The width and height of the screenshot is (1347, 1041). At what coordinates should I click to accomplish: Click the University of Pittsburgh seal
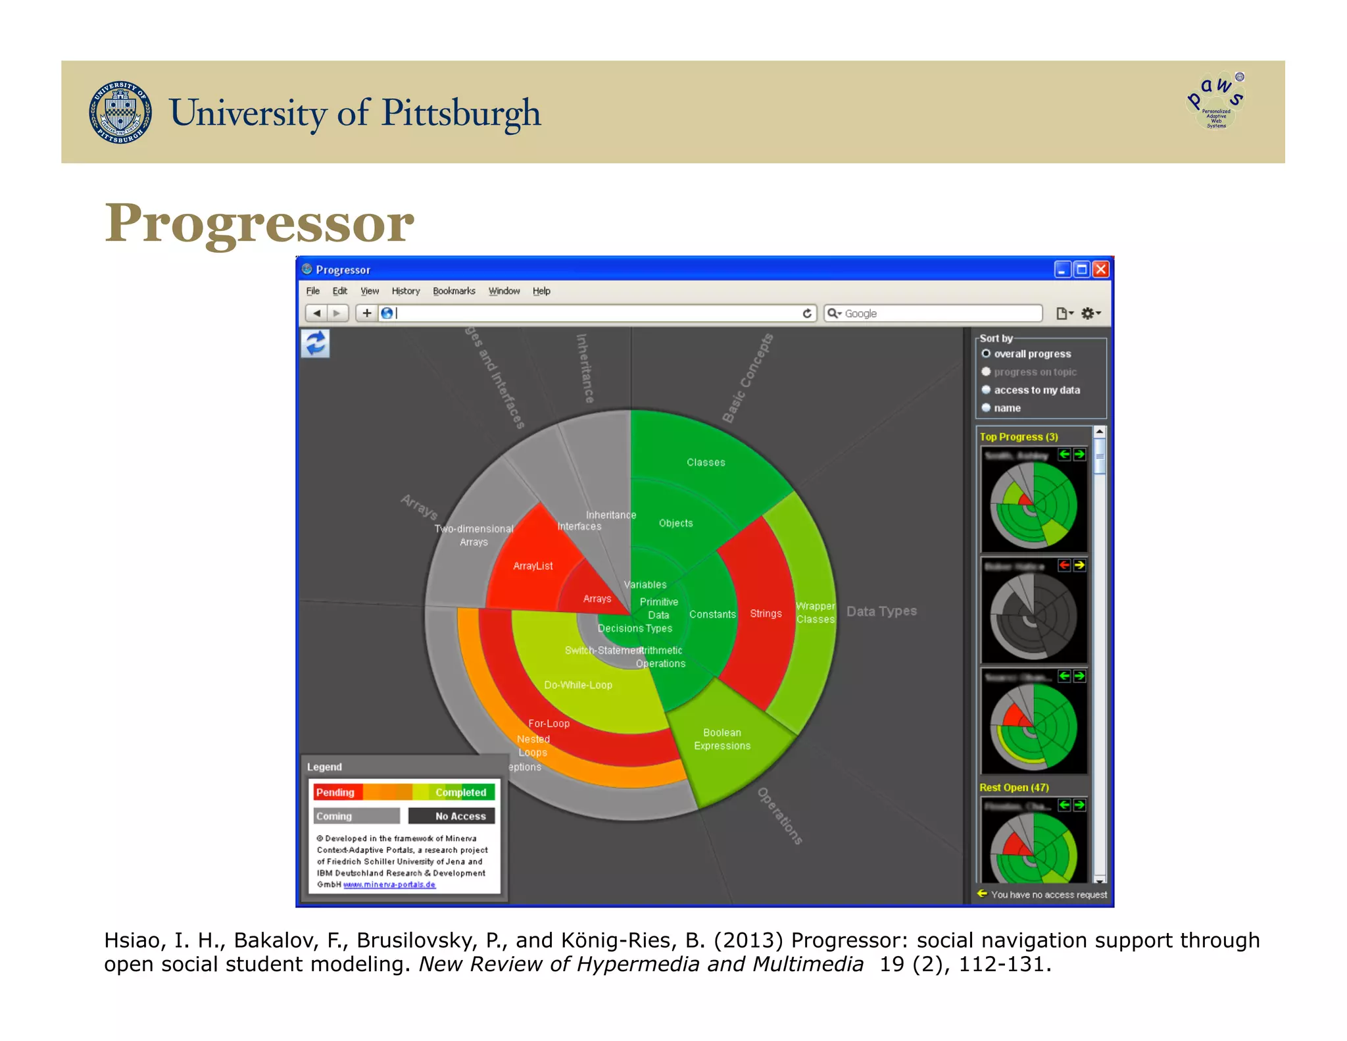(x=120, y=113)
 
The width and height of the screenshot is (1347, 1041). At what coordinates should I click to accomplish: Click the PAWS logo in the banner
(x=1216, y=101)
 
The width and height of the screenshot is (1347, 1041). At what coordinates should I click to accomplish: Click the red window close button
(x=1100, y=269)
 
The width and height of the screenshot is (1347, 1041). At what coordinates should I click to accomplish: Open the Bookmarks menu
(x=454, y=291)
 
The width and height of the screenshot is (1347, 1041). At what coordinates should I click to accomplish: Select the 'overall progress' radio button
(x=986, y=353)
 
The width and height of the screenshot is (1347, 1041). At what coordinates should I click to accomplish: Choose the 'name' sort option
(x=986, y=408)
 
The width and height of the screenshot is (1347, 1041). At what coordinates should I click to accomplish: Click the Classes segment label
(x=706, y=463)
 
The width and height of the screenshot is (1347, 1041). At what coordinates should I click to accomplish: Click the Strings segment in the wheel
(x=766, y=613)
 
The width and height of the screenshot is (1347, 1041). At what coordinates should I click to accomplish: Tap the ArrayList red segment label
(x=533, y=566)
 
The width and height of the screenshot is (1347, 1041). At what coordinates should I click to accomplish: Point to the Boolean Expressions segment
(x=722, y=739)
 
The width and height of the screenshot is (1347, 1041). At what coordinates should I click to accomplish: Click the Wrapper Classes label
(x=815, y=613)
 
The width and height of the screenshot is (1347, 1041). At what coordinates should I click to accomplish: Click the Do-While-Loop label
(x=578, y=685)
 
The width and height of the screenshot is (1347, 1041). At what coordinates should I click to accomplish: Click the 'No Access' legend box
(x=452, y=816)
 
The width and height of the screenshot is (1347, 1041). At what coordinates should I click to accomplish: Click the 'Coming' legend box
(x=356, y=816)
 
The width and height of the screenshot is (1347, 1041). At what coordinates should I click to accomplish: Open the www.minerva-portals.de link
(x=389, y=884)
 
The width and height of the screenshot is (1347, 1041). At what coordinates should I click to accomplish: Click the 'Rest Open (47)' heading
(x=1014, y=788)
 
